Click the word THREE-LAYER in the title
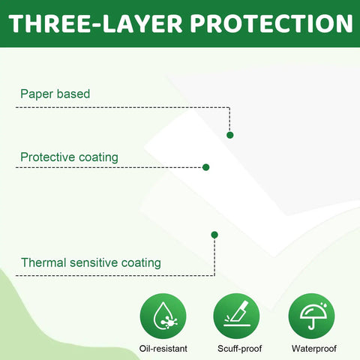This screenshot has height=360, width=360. pos(95,23)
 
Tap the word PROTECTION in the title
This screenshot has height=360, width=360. pos(271,23)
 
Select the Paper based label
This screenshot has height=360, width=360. pos(55,94)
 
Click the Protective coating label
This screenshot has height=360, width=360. pos(69,157)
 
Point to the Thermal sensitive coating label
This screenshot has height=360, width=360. pos(91,262)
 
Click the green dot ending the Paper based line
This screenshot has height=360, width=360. pos(230,135)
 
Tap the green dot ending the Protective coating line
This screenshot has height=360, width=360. pos(206,167)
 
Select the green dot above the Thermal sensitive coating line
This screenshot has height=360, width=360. pos(214,235)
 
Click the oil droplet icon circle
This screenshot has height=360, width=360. pos(163,316)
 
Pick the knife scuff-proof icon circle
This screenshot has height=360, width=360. pos(236,316)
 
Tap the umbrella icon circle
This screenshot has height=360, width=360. pos(311,316)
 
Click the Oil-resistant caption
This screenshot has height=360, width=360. pos(163,349)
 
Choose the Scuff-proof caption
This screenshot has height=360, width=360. pos(239,349)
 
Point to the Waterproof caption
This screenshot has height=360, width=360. pos(314,349)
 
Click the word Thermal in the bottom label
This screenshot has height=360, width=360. pos(43,262)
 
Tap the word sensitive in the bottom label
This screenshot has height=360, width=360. pos(94,262)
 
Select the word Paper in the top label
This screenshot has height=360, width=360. pos(37,94)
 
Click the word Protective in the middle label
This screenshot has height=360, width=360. pos(48,157)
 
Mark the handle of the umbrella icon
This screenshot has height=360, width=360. pos(312,323)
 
